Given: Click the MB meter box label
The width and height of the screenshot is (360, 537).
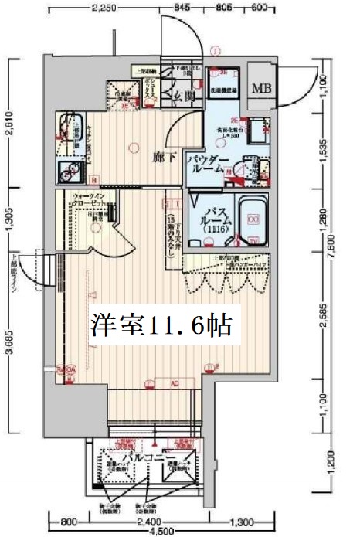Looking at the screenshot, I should tap(260, 87).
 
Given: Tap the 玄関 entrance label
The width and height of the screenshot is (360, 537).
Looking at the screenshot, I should tap(184, 97).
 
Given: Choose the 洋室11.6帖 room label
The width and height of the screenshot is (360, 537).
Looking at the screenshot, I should tap(160, 326).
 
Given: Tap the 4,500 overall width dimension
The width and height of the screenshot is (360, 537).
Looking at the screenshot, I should tap(162, 532).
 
